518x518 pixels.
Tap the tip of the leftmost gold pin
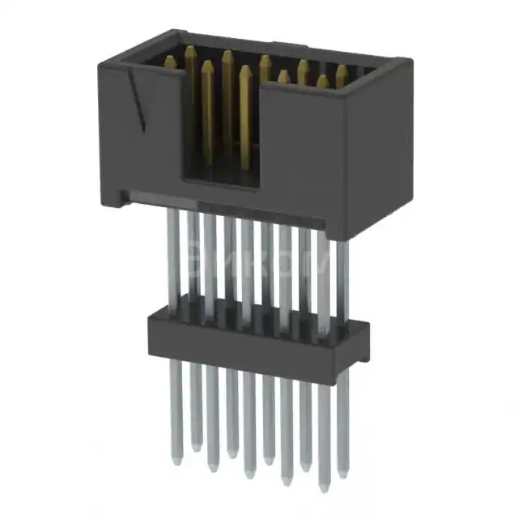tap(169, 60)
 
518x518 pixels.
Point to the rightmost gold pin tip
tap(342, 70)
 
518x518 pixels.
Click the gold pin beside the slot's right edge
tap(245, 121)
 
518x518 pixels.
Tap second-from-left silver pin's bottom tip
tap(195, 449)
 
